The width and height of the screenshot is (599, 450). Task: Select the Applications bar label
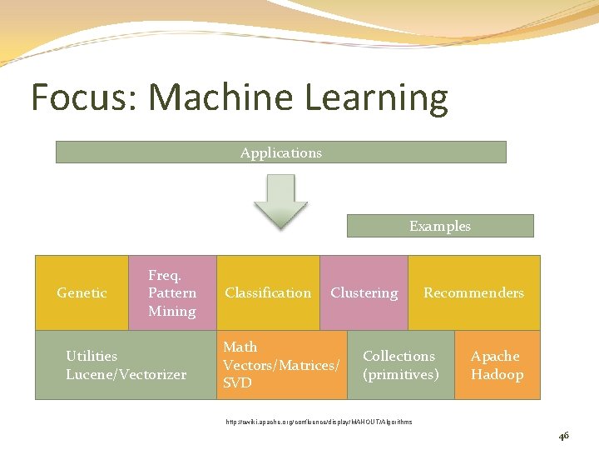pos(280,152)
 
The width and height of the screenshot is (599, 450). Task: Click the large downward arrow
pos(280,201)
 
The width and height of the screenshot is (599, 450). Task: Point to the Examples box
pos(439,226)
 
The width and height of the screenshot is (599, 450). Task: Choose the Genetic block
pos(82,292)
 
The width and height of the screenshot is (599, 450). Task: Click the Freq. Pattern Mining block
pos(172,292)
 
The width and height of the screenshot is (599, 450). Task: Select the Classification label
pos(268,292)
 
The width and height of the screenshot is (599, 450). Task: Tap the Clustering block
pos(364,292)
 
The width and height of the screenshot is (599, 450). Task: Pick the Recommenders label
pos(473,292)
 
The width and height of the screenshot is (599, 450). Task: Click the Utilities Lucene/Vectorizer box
pos(126,365)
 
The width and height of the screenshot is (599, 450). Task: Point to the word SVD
pos(237,383)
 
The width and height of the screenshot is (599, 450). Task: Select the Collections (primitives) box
pos(400,365)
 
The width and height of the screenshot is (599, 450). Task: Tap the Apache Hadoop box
pos(497,365)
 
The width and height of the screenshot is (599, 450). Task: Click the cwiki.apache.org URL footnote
pos(319,422)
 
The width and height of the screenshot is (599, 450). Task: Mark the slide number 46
pos(563,436)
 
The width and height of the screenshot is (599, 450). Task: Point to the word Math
pos(240,347)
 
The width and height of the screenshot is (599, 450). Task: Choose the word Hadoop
pos(497,374)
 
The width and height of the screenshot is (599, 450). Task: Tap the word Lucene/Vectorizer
pos(126,374)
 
